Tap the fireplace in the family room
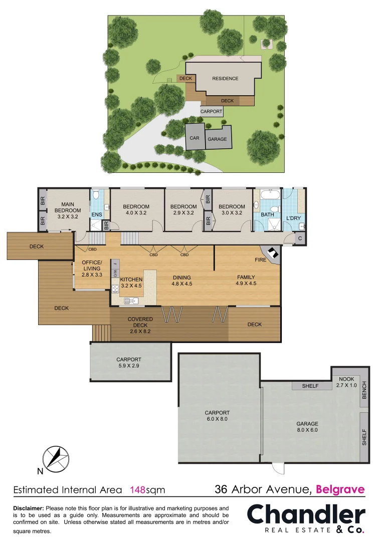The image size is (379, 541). click(x=271, y=254)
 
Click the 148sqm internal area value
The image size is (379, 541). click(x=147, y=489)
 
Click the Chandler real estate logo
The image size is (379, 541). click(x=306, y=519)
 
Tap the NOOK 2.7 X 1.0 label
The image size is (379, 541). click(x=346, y=382)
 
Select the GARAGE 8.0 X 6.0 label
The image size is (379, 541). click(x=307, y=427)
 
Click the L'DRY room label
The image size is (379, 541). click(x=293, y=218)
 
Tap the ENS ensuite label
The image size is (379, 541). click(x=96, y=214)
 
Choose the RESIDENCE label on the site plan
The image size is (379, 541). click(x=225, y=79)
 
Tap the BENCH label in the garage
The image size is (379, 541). click(x=364, y=390)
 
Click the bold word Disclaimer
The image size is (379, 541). click(x=29, y=508)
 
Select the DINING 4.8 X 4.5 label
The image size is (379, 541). click(x=182, y=281)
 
